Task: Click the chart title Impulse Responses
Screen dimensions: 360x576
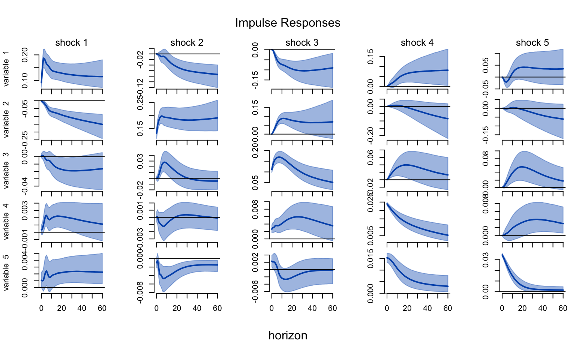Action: click(288, 23)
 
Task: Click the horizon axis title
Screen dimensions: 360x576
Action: click(288, 335)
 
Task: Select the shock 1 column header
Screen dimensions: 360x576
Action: click(71, 43)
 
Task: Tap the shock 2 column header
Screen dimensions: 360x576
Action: click(187, 43)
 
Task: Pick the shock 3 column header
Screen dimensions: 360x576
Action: click(302, 43)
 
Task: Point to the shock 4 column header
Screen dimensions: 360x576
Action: click(417, 43)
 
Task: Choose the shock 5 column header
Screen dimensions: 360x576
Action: click(532, 43)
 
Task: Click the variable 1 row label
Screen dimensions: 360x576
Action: click(6, 69)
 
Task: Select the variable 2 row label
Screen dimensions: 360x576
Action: click(6, 120)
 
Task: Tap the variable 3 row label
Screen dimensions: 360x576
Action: click(6, 171)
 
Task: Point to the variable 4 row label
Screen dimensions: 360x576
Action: click(6, 222)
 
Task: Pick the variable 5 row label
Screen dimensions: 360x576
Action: click(6, 273)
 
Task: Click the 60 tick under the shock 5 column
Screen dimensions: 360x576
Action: click(563, 308)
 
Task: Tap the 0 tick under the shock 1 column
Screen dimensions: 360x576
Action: click(41, 308)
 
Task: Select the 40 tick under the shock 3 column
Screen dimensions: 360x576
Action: click(312, 308)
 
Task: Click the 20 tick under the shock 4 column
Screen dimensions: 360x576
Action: click(407, 308)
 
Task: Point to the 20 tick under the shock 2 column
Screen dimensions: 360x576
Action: click(177, 308)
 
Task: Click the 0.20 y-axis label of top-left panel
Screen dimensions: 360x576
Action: click(25, 55)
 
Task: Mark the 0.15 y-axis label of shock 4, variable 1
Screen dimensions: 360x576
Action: click(370, 57)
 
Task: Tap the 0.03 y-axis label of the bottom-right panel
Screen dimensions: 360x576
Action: click(486, 262)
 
